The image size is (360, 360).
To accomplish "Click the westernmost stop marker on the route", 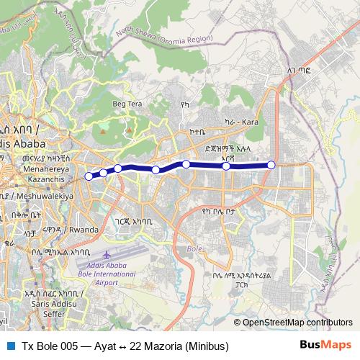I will pos(89,176).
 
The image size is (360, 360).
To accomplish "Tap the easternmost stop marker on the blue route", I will pos(271,165).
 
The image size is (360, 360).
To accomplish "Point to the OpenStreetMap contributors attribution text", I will pos(297,323).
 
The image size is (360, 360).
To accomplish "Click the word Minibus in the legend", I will pos(207,346).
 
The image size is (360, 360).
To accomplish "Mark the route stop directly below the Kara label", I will pos(226,166).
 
